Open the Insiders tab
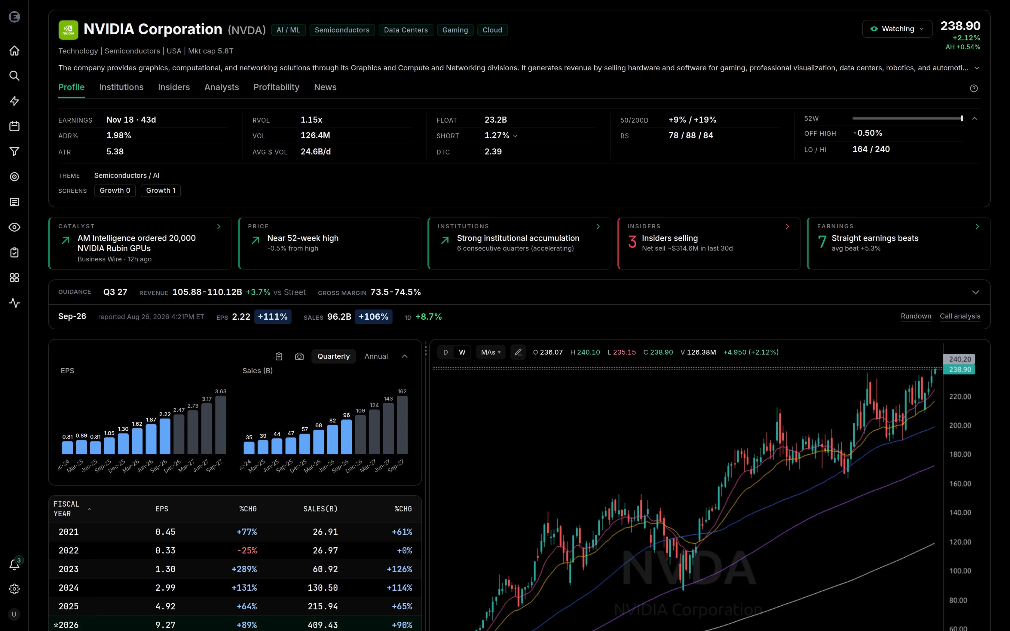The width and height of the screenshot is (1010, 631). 174,87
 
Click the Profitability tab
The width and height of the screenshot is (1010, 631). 276,87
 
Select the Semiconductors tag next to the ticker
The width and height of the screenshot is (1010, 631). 342,30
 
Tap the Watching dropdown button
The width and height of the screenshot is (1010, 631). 897,29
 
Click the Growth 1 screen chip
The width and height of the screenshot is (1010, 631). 161,191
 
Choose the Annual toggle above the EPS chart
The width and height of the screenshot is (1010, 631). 376,356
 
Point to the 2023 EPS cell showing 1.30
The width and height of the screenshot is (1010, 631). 165,569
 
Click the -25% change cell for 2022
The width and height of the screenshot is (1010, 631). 247,550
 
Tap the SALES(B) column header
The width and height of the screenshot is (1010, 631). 320,509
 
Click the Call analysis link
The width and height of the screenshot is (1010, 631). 960,316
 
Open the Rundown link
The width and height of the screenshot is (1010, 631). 916,316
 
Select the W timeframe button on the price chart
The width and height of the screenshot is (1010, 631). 462,352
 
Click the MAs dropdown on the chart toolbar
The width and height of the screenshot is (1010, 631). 490,352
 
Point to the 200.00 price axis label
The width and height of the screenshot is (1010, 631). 960,425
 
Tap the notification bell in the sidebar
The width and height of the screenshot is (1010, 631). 14,565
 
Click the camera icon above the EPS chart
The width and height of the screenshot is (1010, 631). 299,356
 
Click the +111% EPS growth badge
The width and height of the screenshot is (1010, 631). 273,317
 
